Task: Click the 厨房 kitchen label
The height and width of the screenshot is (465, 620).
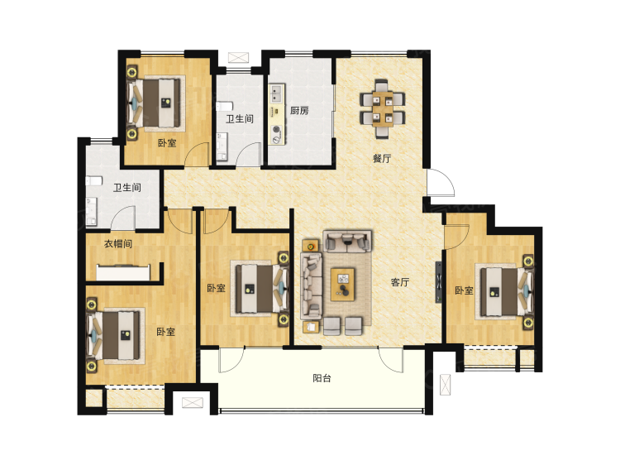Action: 299,111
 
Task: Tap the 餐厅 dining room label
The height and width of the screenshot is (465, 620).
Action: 382,159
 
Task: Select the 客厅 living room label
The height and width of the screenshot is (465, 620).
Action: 400,282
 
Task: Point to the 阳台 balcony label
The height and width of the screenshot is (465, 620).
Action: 322,378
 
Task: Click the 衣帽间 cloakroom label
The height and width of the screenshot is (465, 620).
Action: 118,244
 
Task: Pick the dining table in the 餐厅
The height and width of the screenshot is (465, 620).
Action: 383,108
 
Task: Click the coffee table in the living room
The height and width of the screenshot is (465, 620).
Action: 343,284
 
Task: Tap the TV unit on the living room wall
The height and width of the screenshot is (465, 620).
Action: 439,282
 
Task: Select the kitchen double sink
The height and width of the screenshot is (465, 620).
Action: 277,94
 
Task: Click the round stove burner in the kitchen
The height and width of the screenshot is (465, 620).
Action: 276,129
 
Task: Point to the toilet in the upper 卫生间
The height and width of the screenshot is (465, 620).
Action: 224,107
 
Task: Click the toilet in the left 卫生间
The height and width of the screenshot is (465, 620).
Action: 93,181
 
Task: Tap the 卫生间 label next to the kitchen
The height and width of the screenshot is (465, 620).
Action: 240,118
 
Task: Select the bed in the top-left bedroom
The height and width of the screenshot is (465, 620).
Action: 156,103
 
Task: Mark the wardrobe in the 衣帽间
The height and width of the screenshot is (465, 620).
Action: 123,272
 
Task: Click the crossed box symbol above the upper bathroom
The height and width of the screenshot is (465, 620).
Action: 238,57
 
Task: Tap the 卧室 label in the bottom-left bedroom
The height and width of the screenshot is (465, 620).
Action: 165,332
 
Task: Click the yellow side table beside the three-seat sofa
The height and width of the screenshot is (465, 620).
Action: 311,246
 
